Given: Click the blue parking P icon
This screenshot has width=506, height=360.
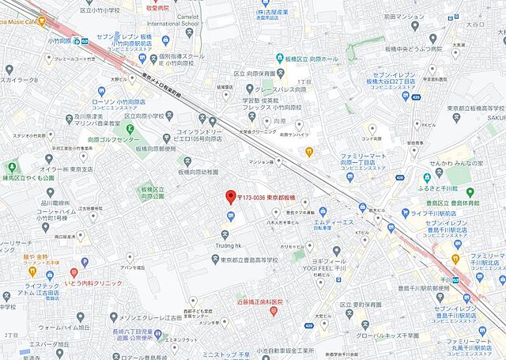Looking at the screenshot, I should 231,216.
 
